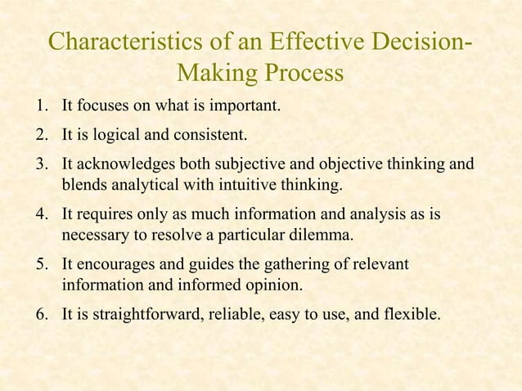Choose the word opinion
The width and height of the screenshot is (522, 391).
click(x=274, y=286)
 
